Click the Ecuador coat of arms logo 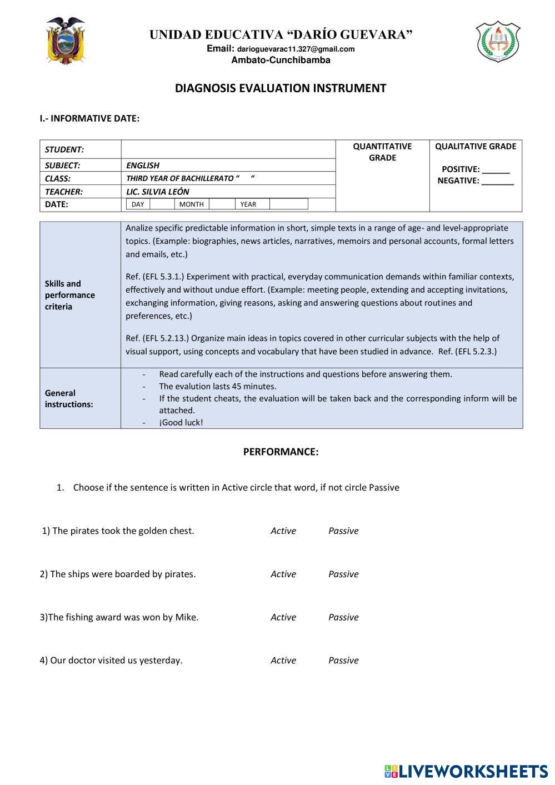(x=66, y=40)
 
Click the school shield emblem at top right (x=497, y=41)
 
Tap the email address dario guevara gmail (x=296, y=49)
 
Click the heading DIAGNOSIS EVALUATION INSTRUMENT (x=281, y=88)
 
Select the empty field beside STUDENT (x=228, y=149)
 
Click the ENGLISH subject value (x=143, y=165)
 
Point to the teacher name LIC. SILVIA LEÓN (x=158, y=192)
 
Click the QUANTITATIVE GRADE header (x=382, y=152)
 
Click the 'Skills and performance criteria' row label (x=70, y=295)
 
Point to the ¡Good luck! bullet (x=181, y=422)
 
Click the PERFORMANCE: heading (x=281, y=452)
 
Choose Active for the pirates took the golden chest (x=283, y=531)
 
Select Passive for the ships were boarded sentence (x=343, y=574)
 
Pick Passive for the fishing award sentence (x=343, y=617)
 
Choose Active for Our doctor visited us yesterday (x=283, y=661)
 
